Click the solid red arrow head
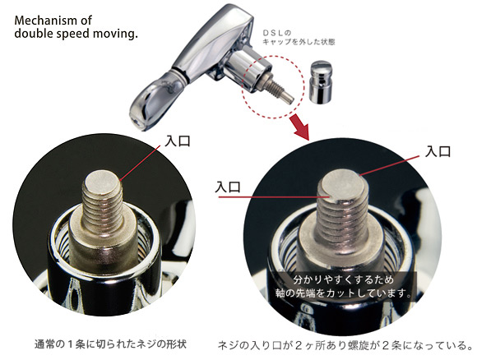pyautogui.click(x=300, y=127)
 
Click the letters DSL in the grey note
pyautogui.click(x=274, y=33)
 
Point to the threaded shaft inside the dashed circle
pyautogui.click(x=278, y=89)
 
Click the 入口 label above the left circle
pyautogui.click(x=178, y=141)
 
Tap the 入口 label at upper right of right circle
pyautogui.click(x=438, y=151)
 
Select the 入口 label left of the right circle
pyautogui.click(x=228, y=187)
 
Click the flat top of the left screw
pyautogui.click(x=102, y=181)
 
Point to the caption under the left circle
pyautogui.click(x=110, y=344)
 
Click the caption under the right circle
pyautogui.click(x=345, y=345)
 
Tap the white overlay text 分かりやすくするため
pyautogui.click(x=344, y=279)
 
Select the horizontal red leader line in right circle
pyautogui.click(x=275, y=197)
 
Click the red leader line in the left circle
pyautogui.click(x=141, y=163)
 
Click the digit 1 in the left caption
pyautogui.click(x=70, y=344)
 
